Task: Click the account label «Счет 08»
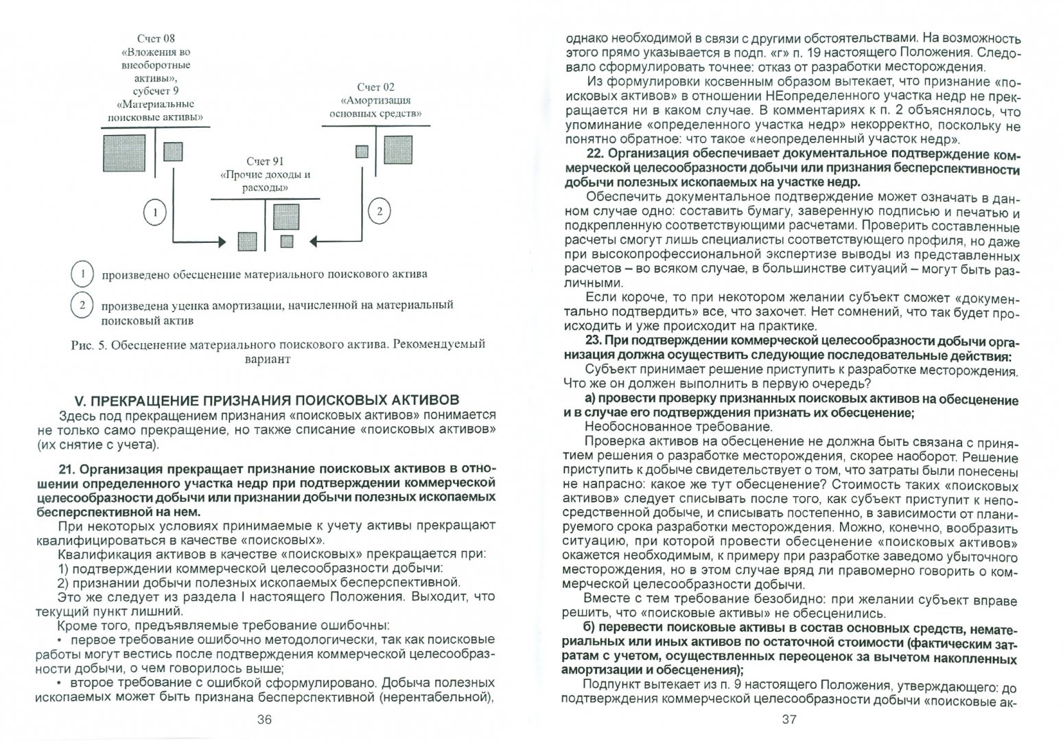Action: coord(156,38)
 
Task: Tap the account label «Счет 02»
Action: coord(375,87)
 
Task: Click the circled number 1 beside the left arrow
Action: coord(156,213)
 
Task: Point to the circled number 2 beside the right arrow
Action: coord(379,211)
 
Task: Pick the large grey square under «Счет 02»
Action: coord(398,150)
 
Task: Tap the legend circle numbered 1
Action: coord(82,274)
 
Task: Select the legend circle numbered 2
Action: coord(82,305)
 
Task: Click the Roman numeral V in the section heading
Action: coord(78,401)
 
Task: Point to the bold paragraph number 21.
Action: coord(68,469)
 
